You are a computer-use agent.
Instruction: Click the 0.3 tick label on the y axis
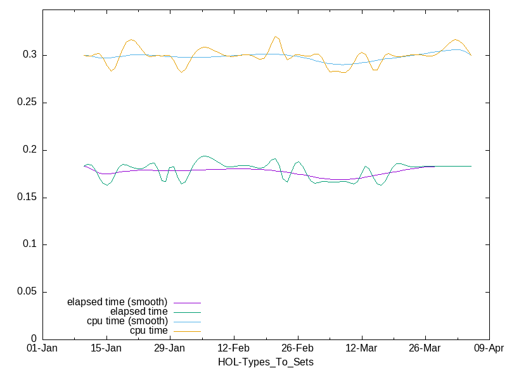point(30,55)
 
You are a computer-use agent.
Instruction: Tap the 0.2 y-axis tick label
point(30,150)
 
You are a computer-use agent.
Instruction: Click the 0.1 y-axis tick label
point(30,244)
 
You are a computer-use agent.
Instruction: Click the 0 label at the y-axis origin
point(34,339)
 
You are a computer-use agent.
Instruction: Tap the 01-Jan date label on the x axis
point(42,348)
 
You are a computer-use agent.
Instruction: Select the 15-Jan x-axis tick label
point(106,348)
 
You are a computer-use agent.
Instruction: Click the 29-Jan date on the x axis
point(169,348)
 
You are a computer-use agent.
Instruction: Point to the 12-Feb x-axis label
point(233,348)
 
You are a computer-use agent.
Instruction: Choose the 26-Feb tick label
point(297,348)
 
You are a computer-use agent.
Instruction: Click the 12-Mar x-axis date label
point(361,348)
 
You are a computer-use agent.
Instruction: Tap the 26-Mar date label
point(425,348)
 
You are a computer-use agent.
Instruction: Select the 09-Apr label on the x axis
point(489,348)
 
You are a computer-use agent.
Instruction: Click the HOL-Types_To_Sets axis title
point(266,362)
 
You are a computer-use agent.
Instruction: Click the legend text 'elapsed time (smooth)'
point(117,302)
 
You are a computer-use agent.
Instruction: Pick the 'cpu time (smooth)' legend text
point(127,321)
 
